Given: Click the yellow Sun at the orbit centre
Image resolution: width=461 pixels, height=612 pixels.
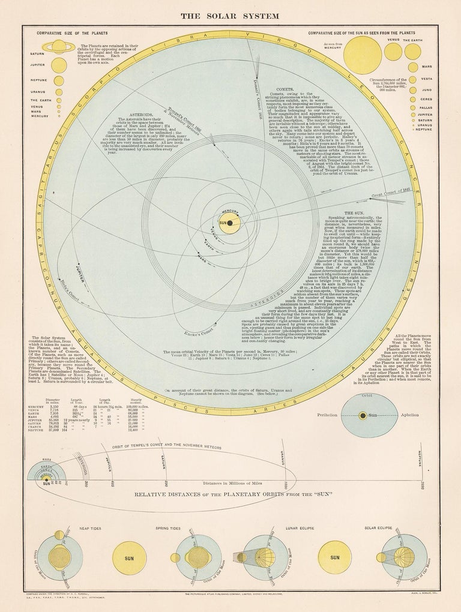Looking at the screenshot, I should pyautogui.click(x=229, y=223).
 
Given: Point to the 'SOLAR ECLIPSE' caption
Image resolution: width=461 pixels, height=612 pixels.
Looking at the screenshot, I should pyautogui.click(x=378, y=529).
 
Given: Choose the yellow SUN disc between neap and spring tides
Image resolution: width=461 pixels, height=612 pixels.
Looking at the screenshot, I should pyautogui.click(x=130, y=558).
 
